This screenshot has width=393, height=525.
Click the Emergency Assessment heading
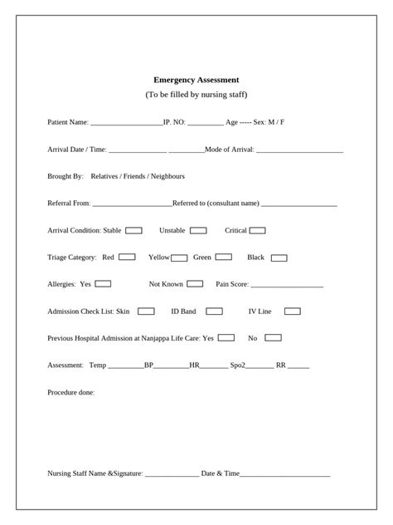(196, 80)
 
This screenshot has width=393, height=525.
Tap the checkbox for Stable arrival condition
(133, 230)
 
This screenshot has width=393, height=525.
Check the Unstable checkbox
(198, 230)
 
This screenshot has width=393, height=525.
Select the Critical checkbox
(258, 230)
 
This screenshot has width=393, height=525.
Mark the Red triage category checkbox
(127, 257)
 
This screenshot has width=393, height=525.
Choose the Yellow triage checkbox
(179, 258)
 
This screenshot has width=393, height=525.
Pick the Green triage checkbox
(224, 257)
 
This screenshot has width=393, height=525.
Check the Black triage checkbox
(279, 258)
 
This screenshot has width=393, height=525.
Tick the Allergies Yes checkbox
(103, 283)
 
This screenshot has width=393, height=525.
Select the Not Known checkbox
(195, 283)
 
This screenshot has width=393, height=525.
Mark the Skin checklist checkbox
(146, 312)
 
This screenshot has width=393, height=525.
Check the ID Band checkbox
(214, 312)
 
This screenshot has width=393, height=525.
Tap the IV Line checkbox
(292, 312)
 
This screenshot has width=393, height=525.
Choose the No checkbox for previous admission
(273, 337)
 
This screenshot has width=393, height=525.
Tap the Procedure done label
(71, 392)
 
